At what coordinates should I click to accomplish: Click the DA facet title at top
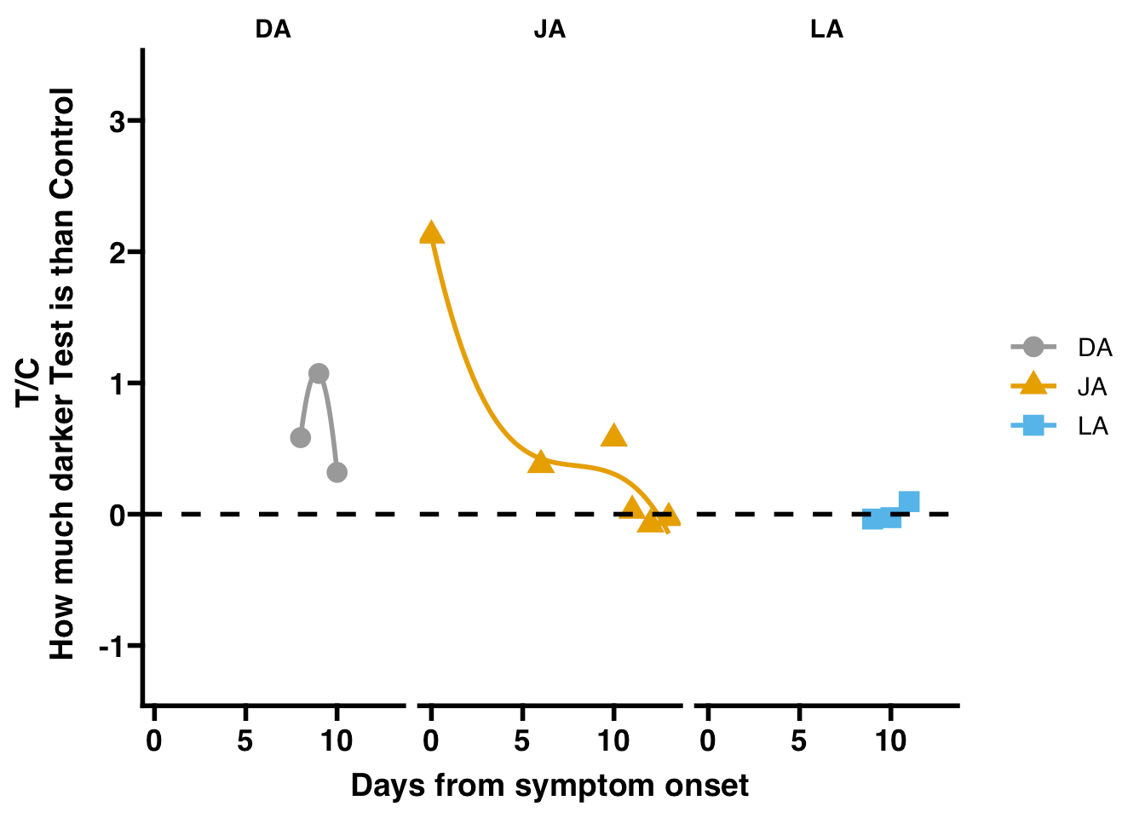[x=273, y=30]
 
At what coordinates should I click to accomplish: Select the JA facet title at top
[x=549, y=30]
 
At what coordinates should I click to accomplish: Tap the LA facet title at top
[x=826, y=30]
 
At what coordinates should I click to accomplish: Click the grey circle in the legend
[x=1033, y=347]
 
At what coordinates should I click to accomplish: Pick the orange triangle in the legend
[x=1033, y=385]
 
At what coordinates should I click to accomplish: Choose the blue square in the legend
[x=1033, y=424]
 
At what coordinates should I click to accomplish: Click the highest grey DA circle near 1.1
[x=319, y=373]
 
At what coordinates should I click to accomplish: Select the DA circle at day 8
[x=300, y=438]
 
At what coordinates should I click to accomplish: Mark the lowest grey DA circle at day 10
[x=337, y=472]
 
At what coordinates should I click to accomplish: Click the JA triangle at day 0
[x=431, y=233]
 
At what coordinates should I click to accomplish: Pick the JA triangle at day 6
[x=541, y=462]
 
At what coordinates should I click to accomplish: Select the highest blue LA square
[x=909, y=501]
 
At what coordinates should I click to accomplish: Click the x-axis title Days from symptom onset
[x=549, y=785]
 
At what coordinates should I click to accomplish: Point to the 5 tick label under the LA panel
[x=798, y=741]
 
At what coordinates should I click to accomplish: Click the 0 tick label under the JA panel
[x=431, y=741]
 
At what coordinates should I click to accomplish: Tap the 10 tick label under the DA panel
[x=337, y=741]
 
